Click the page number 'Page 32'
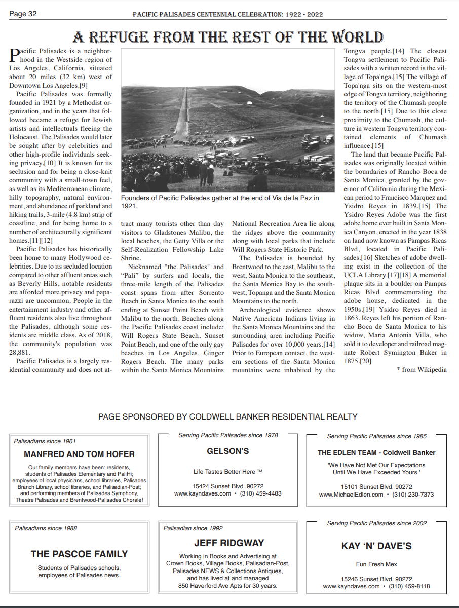[x=23, y=14]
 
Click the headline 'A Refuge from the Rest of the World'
[x=228, y=37]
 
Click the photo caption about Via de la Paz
[x=220, y=202]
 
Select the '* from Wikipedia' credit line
[x=422, y=369]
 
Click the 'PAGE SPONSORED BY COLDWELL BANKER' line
[x=228, y=416]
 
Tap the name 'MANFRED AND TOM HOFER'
[x=80, y=454]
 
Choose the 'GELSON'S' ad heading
[x=228, y=451]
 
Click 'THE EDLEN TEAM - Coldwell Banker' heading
[x=376, y=452]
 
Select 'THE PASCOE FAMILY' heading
[x=79, y=554]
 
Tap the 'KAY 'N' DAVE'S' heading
[x=376, y=546]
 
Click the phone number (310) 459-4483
[x=261, y=493]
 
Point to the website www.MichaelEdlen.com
[x=351, y=495]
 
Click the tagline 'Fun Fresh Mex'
[x=376, y=564]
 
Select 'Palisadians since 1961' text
[x=45, y=441]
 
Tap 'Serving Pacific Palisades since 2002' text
[x=377, y=523]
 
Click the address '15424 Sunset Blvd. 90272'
[x=228, y=486]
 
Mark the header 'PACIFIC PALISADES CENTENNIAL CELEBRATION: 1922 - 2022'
[x=228, y=15]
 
